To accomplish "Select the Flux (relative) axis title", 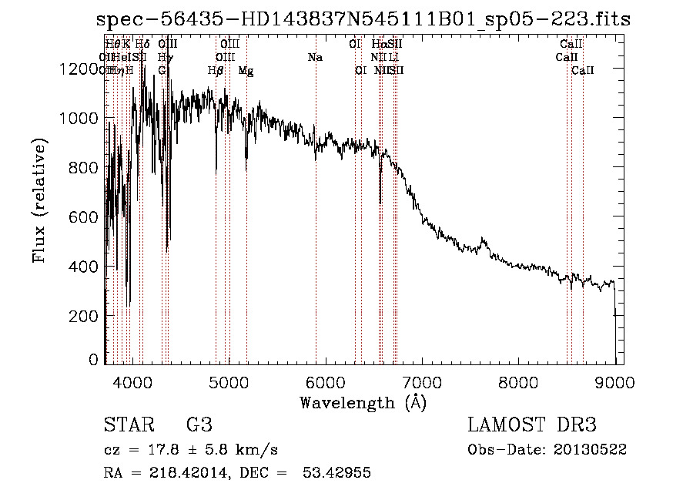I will coord(38,200).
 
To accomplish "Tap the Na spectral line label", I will coord(315,58).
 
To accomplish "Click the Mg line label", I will coord(246,71).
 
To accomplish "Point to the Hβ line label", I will coord(216,71).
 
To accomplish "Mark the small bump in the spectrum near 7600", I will coord(484,242).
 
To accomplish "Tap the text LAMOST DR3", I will coord(532,425).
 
